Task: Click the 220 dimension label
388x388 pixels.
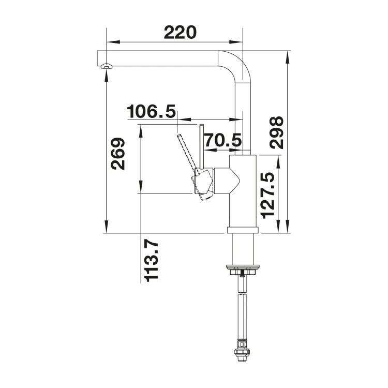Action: (x=180, y=33)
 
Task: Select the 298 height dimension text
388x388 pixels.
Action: (x=276, y=132)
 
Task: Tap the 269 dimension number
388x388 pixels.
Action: (x=118, y=154)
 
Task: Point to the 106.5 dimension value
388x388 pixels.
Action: (x=151, y=111)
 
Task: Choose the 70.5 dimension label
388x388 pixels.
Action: (x=222, y=140)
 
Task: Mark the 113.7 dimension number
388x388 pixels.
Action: (x=152, y=262)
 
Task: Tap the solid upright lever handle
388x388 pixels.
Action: (x=202, y=146)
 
